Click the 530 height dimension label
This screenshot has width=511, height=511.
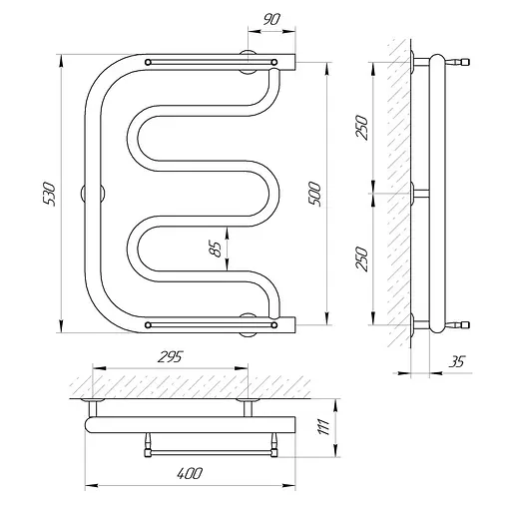[49, 194]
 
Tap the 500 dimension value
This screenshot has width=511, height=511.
[314, 195]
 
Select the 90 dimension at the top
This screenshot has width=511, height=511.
[271, 20]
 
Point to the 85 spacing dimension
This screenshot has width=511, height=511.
[217, 249]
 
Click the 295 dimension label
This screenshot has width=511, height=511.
[171, 357]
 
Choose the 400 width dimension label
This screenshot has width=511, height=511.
[189, 473]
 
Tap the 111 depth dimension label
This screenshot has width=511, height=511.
[323, 427]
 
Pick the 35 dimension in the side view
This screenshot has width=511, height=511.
[456, 361]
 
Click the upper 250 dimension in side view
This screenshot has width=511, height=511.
[362, 128]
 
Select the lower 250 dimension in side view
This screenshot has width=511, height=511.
[362, 259]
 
